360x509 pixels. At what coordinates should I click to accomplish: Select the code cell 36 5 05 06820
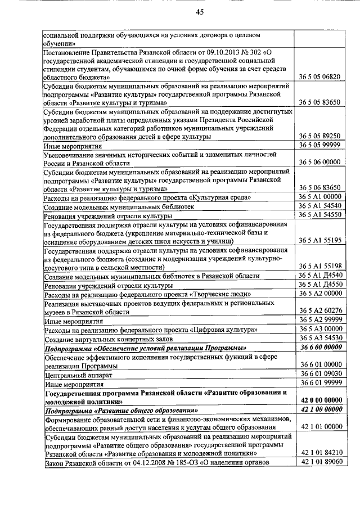pos(320,76)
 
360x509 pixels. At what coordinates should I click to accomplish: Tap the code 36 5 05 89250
pos(320,136)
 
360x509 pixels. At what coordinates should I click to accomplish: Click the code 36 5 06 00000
pos(320,162)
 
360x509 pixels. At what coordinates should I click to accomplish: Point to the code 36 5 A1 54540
pos(320,206)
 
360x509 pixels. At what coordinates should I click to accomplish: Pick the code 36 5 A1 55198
pos(320,266)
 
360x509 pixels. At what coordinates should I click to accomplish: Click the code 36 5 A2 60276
pos(320,310)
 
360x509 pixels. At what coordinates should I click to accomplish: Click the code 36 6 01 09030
pos(320,373)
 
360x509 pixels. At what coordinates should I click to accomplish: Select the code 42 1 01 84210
pos(320,452)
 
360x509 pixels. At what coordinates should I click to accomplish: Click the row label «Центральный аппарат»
pos(74,374)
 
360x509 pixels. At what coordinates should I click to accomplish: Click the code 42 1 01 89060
pos(320,462)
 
